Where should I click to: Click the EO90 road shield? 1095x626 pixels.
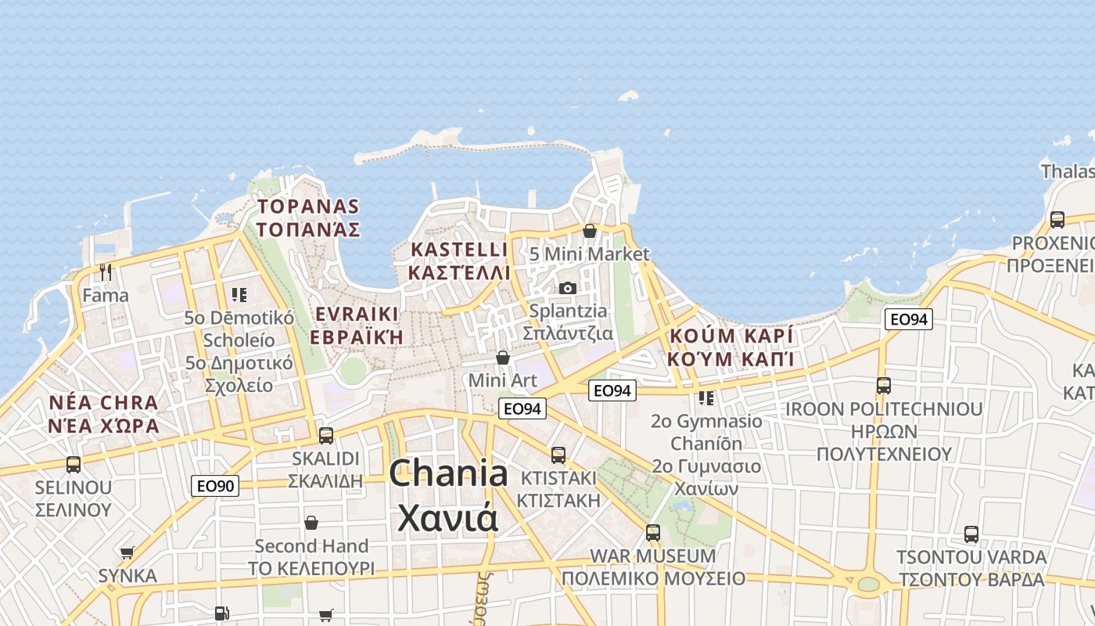pos(215,486)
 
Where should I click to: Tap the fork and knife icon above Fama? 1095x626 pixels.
pos(106,272)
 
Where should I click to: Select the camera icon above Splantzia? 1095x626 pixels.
pos(568,288)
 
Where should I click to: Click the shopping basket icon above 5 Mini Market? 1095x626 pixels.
pos(590,231)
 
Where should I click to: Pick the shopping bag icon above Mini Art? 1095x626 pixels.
pos(503,358)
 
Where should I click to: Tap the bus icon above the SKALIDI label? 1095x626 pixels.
pos(326,435)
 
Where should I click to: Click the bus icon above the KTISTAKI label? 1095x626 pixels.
pos(558,455)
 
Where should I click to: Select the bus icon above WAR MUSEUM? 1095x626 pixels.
pos(653,533)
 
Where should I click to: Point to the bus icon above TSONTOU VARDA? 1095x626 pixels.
pos(971,534)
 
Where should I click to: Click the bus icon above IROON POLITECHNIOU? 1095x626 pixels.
pos(884,386)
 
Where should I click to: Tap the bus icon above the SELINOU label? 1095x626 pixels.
pos(74,465)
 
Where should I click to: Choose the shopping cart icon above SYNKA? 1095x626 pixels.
pos(127,552)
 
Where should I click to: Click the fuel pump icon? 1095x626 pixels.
pos(222,613)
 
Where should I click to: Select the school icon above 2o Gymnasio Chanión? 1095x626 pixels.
pos(706,398)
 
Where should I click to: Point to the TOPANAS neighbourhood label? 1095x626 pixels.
pos(308,207)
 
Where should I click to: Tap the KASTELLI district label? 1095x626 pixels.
pos(459,250)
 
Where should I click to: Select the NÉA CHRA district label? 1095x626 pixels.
pos(103,404)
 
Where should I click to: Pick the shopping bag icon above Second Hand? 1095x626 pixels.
pos(311,523)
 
